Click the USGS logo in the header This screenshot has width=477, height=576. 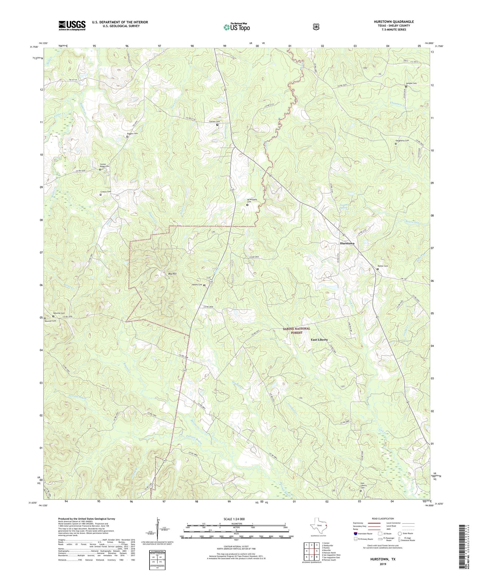coord(72,25)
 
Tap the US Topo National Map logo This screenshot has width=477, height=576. coord(236,27)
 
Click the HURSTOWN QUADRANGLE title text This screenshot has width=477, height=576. coord(393,22)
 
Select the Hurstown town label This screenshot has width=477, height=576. coord(347,243)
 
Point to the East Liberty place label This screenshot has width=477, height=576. coord(319,340)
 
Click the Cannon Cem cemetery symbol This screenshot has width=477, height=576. coord(217,125)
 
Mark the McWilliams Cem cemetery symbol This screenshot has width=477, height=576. coord(247,205)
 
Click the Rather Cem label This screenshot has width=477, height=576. coord(383,266)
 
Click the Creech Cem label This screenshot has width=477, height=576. coord(106,192)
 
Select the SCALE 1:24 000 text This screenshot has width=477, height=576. coord(234,519)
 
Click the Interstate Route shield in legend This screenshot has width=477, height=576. coord(355,533)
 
